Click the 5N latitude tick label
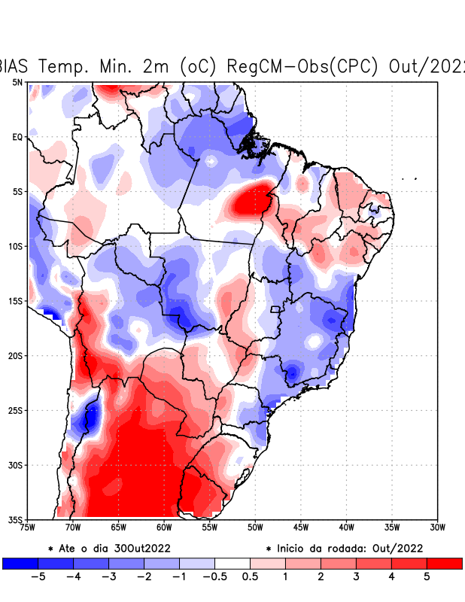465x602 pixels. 17,82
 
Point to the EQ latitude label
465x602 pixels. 17,137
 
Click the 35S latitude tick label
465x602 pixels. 16,519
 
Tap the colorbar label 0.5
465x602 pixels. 250,576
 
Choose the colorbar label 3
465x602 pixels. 357,576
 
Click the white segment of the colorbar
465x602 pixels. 232,563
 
